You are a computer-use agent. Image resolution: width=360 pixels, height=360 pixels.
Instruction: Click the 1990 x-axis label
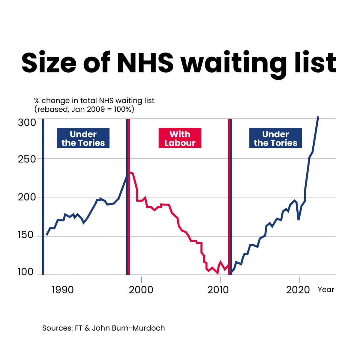coord(63,290)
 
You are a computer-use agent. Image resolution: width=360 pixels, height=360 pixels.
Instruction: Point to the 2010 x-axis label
coord(220,290)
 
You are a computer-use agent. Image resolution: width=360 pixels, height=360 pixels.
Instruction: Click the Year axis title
coord(326,290)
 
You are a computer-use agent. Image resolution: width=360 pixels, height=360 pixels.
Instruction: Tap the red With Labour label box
coord(180,138)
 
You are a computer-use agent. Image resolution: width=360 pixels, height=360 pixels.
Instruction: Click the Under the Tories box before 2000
coord(83,138)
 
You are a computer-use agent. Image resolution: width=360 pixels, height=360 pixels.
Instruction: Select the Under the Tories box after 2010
coord(275,138)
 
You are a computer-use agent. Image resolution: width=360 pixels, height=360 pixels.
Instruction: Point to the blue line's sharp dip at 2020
coord(298,219)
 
